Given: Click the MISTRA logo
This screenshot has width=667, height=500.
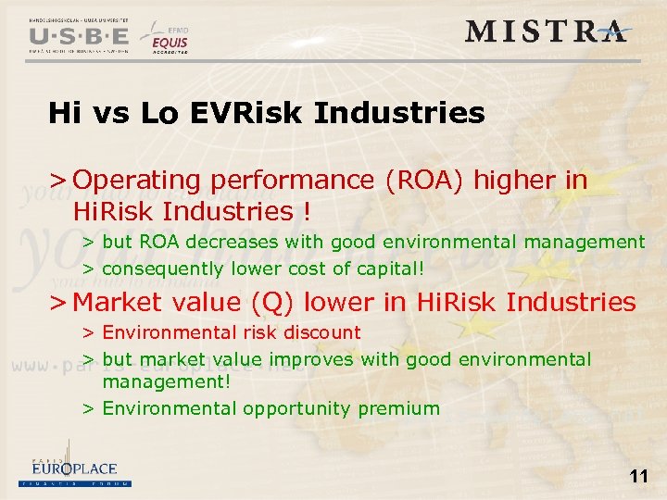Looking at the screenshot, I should click(x=547, y=31).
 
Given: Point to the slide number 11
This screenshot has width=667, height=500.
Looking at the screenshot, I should click(x=638, y=477).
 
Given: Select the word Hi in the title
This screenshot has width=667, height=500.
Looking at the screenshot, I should click(x=63, y=114).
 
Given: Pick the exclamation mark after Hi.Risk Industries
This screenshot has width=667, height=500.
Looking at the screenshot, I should click(x=306, y=211).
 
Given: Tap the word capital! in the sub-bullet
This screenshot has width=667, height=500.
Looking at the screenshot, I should click(x=391, y=269).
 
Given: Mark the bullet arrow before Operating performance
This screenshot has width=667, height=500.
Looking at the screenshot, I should click(x=57, y=181).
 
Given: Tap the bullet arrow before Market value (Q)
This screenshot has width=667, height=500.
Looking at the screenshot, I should click(x=57, y=303).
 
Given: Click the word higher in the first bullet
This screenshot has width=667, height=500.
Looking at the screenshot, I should click(x=509, y=180).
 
